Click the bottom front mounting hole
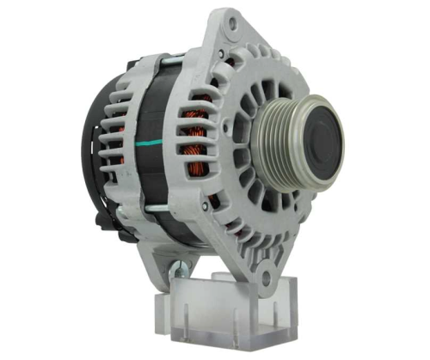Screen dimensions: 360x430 tap(266, 278)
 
